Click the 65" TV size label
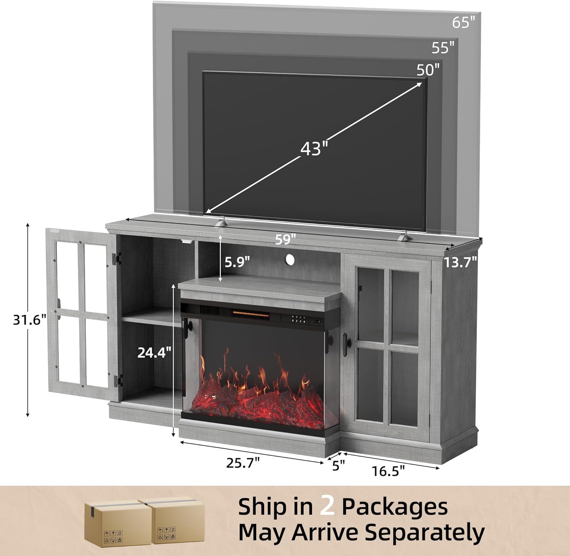click(x=464, y=22)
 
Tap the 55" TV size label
click(x=443, y=48)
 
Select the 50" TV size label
click(x=428, y=70)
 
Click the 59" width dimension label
click(x=286, y=239)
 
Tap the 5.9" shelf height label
click(x=237, y=262)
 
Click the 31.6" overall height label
click(x=30, y=320)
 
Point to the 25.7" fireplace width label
click(x=243, y=463)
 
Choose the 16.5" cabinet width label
click(x=388, y=471)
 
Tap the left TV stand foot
click(x=221, y=222)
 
